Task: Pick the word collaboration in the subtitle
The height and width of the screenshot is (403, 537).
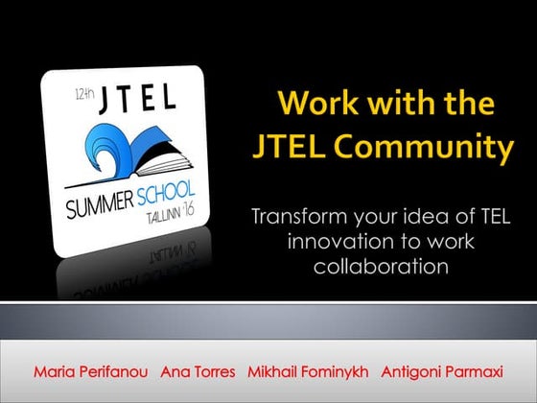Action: click(x=381, y=266)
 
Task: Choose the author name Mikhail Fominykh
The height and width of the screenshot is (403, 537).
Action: click(x=307, y=370)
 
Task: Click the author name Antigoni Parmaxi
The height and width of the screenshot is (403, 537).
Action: click(x=442, y=370)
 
